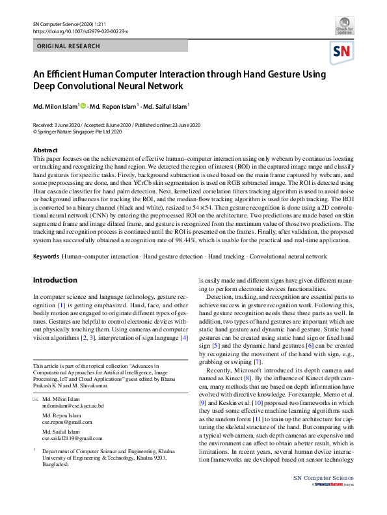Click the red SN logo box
pos(342,51)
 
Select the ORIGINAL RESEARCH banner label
pos(69,46)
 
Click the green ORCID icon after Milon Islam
pos(83,105)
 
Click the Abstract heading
pos(45,150)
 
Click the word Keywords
pos(46,257)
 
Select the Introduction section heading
pos(55,281)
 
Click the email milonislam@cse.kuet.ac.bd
pos(73,406)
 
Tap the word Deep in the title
pos(46,86)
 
